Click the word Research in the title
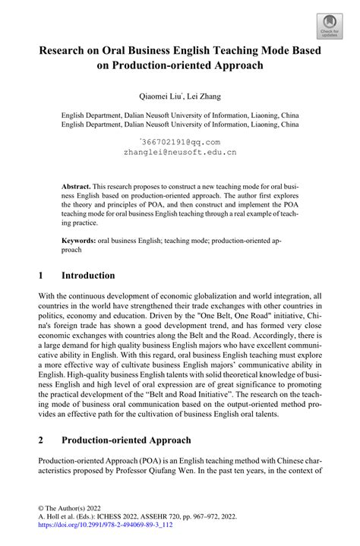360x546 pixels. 69,52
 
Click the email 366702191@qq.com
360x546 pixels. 180,141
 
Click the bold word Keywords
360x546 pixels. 79,238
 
